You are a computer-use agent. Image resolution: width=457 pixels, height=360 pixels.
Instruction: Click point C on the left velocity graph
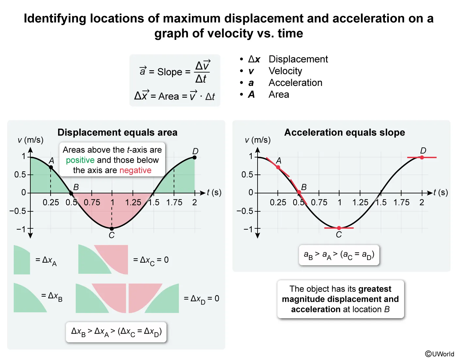(112, 229)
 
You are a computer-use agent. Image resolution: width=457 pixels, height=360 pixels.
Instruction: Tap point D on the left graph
(195, 157)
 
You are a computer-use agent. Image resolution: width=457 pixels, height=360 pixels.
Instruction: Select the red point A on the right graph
(278, 167)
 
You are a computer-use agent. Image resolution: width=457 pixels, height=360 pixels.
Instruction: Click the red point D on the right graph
(422, 157)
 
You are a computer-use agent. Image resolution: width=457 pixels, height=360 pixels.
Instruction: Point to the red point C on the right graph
(339, 228)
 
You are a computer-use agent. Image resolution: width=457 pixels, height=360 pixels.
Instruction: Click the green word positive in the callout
(80, 160)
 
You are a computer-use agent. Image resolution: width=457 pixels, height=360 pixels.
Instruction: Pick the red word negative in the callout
(135, 170)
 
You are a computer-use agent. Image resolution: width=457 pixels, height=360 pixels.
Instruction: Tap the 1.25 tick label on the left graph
(133, 203)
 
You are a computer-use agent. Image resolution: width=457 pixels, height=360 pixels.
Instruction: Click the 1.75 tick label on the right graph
(401, 203)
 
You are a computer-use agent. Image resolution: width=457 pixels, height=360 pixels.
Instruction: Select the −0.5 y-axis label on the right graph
(244, 211)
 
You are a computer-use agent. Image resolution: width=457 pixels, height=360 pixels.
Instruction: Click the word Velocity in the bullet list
(285, 71)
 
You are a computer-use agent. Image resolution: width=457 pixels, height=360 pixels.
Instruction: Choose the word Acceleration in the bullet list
(295, 83)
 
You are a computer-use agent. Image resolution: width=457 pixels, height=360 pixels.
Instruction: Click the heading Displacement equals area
(118, 132)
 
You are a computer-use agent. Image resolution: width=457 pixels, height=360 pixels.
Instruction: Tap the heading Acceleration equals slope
(344, 132)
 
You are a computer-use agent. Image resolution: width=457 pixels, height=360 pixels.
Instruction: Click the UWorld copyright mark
(439, 354)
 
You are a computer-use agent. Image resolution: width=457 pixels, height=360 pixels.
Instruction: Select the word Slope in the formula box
(170, 72)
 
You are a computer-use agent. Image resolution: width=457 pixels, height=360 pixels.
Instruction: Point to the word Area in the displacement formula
(168, 96)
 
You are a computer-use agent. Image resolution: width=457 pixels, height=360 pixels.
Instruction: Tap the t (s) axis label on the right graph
(440, 192)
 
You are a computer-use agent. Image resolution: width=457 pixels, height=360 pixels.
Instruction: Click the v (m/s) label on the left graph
(30, 140)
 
